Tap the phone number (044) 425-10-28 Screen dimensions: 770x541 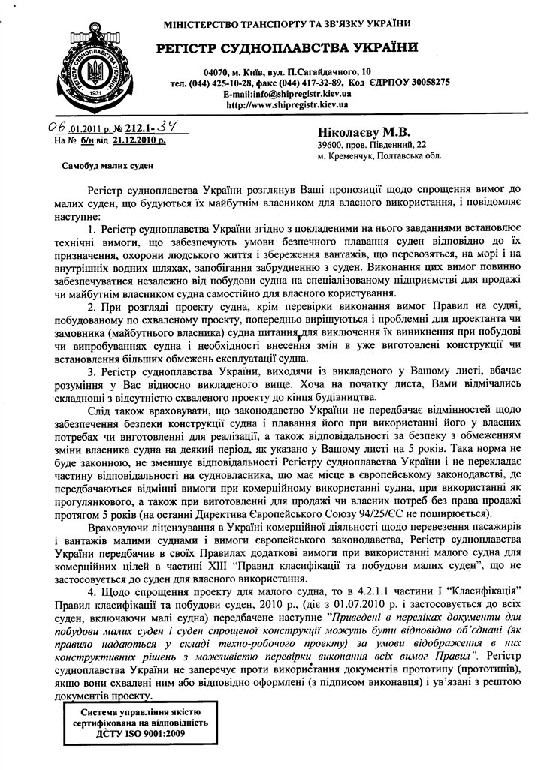coord(225,83)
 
